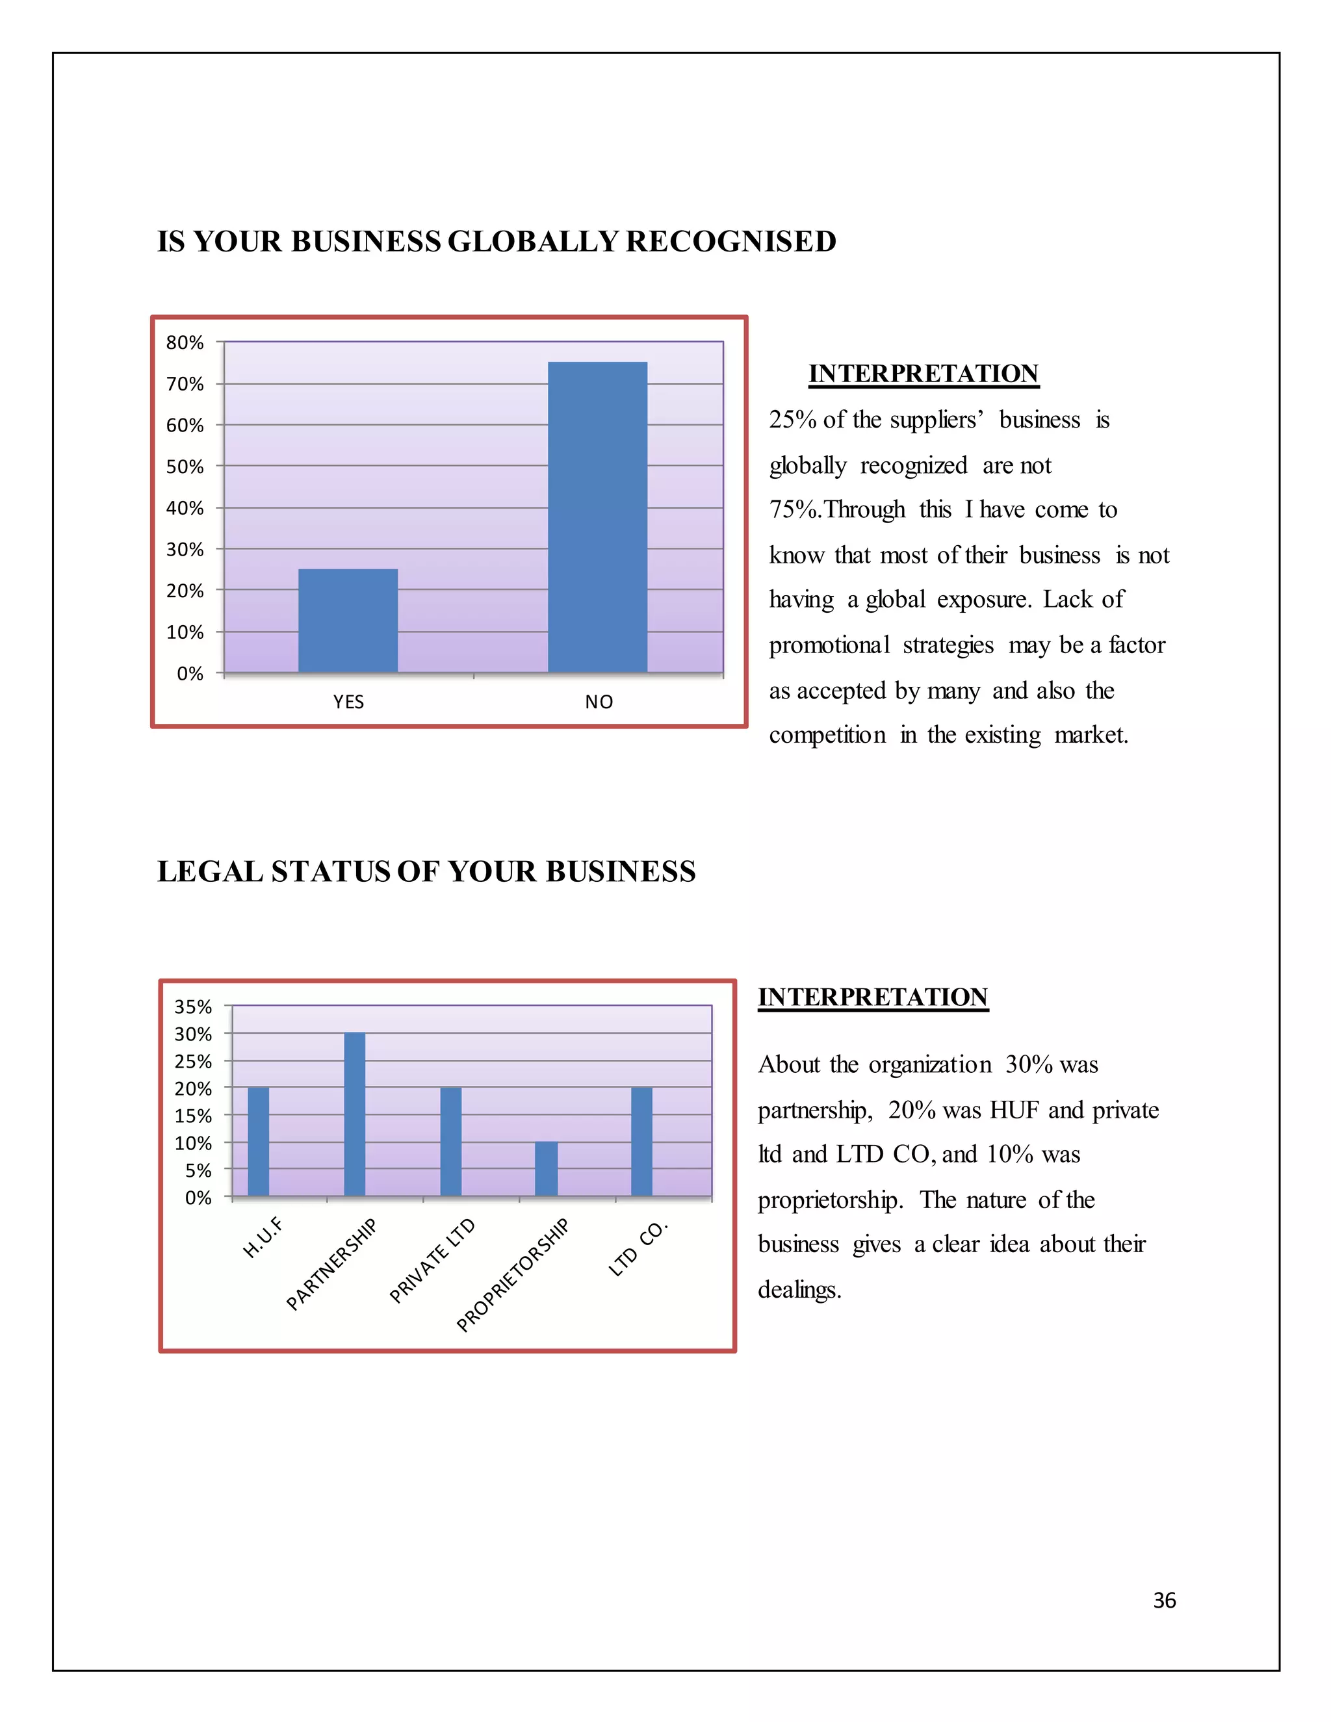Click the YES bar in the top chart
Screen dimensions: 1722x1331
pos(348,621)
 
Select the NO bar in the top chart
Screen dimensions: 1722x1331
pos(598,517)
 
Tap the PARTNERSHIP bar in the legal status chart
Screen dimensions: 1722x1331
pos(355,1114)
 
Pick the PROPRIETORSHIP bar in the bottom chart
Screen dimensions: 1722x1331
pos(546,1168)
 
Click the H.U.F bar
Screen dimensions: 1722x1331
pos(259,1142)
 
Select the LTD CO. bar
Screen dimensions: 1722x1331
pos(642,1142)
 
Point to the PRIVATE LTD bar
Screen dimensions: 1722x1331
pos(451,1142)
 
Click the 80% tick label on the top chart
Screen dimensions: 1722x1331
pos(185,342)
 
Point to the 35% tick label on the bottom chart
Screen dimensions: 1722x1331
pos(193,1007)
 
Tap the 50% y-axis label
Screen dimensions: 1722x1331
pos(185,467)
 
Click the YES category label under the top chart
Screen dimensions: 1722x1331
pos(348,702)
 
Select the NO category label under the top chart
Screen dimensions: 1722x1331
pos(599,702)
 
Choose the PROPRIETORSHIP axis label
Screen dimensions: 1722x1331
pos(513,1275)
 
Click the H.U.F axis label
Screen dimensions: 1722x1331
pos(263,1237)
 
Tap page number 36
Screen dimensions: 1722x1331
pos(1164,1600)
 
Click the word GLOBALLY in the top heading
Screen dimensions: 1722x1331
pos(532,241)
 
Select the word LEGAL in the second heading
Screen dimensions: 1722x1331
pos(210,871)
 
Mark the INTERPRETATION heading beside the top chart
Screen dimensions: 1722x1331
pos(924,374)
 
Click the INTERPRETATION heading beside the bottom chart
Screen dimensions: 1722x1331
pos(873,997)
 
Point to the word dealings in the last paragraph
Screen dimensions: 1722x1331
pos(799,1290)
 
